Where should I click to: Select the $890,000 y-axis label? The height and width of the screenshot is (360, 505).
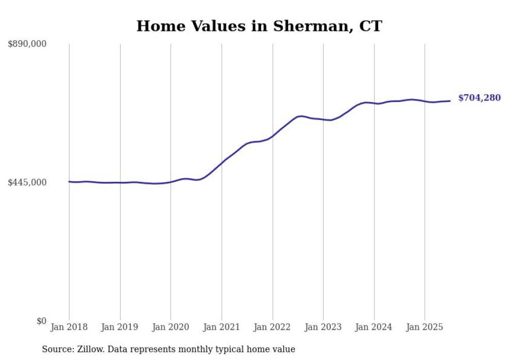pyautogui.click(x=27, y=44)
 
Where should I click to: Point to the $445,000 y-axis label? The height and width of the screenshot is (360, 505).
pyautogui.click(x=27, y=182)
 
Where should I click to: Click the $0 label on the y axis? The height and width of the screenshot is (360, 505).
pyautogui.click(x=41, y=321)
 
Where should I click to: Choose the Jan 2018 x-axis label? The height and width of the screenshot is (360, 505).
pyautogui.click(x=69, y=327)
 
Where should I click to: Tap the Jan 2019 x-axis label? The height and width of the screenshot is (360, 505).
pyautogui.click(x=120, y=327)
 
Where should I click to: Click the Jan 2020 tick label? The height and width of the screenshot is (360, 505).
pyautogui.click(x=171, y=327)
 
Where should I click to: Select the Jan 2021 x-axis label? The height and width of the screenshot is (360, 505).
pyautogui.click(x=222, y=327)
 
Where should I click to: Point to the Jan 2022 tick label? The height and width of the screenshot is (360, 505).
pyautogui.click(x=273, y=327)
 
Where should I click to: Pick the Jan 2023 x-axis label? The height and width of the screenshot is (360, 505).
pyautogui.click(x=323, y=327)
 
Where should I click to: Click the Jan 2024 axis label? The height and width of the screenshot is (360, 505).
pyautogui.click(x=374, y=327)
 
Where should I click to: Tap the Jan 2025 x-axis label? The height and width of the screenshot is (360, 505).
pyautogui.click(x=425, y=327)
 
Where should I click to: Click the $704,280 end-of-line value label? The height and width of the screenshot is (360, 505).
pyautogui.click(x=479, y=98)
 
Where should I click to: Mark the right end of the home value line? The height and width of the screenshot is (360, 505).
pyautogui.click(x=450, y=101)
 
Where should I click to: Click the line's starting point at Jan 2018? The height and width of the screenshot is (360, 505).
pyautogui.click(x=69, y=181)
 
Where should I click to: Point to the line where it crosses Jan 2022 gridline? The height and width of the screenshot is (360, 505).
pyautogui.click(x=273, y=136)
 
